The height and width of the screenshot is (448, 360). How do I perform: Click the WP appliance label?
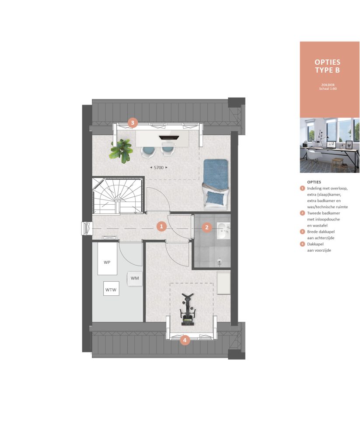point(107,262)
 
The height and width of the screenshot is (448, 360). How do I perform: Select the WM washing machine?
point(135,278)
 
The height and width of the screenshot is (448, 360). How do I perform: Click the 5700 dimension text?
point(159,168)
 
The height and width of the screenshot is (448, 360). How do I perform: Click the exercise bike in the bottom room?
point(187,310)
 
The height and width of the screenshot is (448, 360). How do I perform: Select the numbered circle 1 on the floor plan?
point(161,227)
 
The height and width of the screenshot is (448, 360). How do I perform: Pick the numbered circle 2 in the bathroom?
point(207,227)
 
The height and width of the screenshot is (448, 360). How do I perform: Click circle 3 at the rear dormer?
point(133,123)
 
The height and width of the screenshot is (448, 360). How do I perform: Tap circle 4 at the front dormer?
point(185,340)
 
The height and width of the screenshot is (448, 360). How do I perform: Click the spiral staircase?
point(118,196)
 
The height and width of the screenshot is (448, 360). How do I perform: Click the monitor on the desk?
point(169,138)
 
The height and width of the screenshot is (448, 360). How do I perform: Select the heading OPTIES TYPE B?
point(328,66)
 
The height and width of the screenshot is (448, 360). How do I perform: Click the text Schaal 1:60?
point(328,89)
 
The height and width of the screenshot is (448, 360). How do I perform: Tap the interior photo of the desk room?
point(330,145)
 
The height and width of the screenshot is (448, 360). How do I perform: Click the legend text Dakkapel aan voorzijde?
point(319,247)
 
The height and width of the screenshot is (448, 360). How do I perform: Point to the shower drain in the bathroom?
point(220,262)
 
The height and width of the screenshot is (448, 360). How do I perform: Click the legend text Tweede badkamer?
point(323,213)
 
